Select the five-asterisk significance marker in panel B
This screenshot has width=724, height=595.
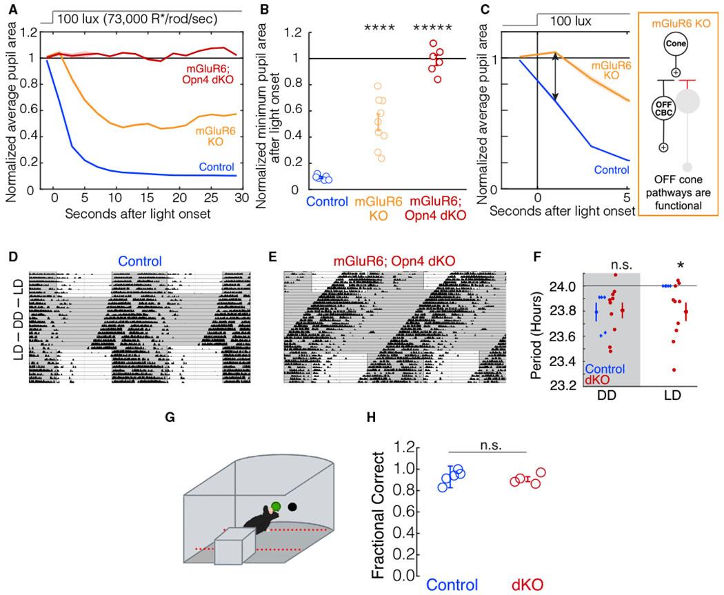[x=432, y=29]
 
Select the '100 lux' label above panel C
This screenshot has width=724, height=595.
[x=571, y=21]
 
